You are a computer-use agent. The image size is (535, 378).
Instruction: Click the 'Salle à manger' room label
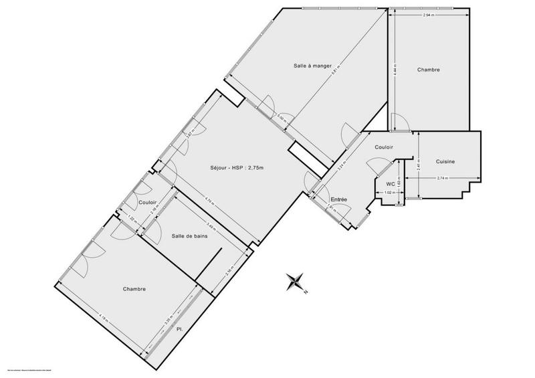point(312,66)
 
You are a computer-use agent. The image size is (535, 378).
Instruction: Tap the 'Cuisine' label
point(446,162)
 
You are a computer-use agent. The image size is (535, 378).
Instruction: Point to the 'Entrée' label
point(340,199)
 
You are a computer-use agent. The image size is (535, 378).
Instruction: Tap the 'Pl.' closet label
point(179,330)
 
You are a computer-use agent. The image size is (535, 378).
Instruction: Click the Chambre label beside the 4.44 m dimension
point(429,70)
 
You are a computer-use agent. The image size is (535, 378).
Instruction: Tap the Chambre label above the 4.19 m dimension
point(134,289)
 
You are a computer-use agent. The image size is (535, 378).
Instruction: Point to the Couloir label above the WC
point(384,147)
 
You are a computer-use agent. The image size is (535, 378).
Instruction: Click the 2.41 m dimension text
point(418,165)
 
